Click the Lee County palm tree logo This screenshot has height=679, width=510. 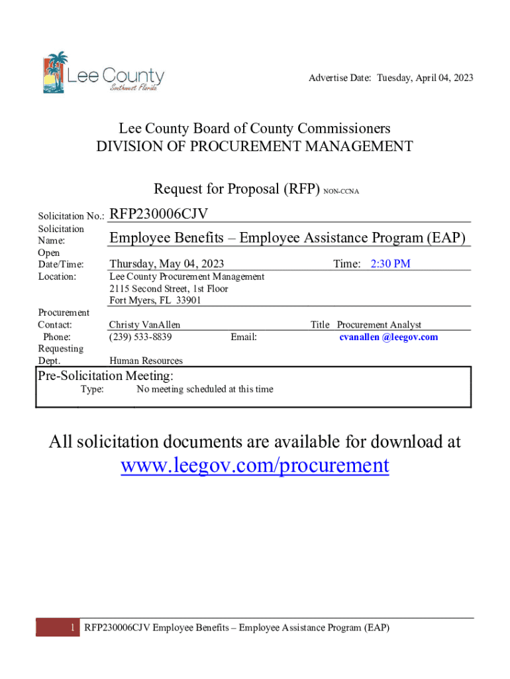(55, 72)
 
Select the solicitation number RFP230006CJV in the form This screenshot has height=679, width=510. (159, 214)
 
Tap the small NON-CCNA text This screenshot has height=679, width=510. (341, 192)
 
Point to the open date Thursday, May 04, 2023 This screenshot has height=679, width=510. (166, 264)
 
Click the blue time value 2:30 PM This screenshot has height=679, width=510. (390, 264)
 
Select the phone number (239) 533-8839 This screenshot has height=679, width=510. (140, 337)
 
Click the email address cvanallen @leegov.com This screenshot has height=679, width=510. (388, 337)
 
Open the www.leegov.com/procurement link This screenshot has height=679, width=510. (255, 465)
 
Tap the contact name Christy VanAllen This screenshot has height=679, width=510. (144, 325)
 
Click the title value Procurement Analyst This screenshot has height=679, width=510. (379, 325)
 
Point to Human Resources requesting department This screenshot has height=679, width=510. (146, 361)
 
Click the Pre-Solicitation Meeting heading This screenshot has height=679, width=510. (105, 376)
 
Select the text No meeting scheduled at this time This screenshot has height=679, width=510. (205, 389)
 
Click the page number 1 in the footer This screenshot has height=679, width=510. (71, 627)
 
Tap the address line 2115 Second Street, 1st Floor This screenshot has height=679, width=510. (168, 288)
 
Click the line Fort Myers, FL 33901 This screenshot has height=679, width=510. (155, 300)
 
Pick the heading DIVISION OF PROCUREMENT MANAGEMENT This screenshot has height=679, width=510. (255, 147)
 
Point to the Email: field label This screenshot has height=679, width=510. (244, 337)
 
